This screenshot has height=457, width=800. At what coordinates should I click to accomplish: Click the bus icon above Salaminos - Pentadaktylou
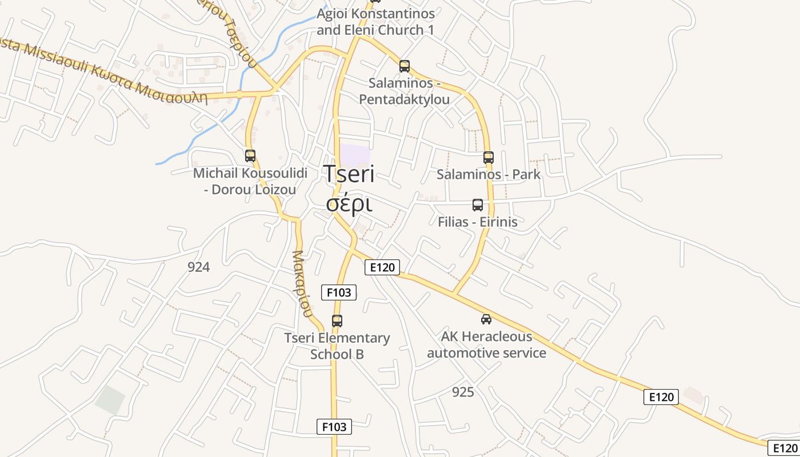click(405, 66)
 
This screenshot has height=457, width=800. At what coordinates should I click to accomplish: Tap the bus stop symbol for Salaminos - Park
click(488, 158)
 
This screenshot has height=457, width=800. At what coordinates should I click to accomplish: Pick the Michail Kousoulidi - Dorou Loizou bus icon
click(250, 155)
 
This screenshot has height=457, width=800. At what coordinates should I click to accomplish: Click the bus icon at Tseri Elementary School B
click(337, 321)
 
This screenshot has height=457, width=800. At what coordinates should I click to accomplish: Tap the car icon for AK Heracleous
click(486, 319)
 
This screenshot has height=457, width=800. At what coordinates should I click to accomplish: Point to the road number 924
click(198, 267)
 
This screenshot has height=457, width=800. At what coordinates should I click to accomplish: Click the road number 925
click(463, 392)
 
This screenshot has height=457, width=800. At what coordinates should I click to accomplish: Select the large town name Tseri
click(350, 174)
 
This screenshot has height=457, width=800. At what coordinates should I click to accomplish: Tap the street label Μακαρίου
click(302, 283)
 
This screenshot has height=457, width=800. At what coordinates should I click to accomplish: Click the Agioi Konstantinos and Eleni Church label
click(375, 22)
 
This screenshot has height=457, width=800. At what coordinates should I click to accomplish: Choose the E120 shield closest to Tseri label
click(382, 267)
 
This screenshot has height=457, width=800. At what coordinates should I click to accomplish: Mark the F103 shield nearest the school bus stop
click(339, 292)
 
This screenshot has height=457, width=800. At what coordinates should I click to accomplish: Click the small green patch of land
click(110, 400)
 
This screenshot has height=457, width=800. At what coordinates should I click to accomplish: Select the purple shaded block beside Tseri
click(355, 156)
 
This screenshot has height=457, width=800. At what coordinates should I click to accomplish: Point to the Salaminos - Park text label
click(488, 175)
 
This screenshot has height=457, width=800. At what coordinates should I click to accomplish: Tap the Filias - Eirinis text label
click(477, 222)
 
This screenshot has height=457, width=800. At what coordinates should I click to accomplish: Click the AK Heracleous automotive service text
click(486, 344)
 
